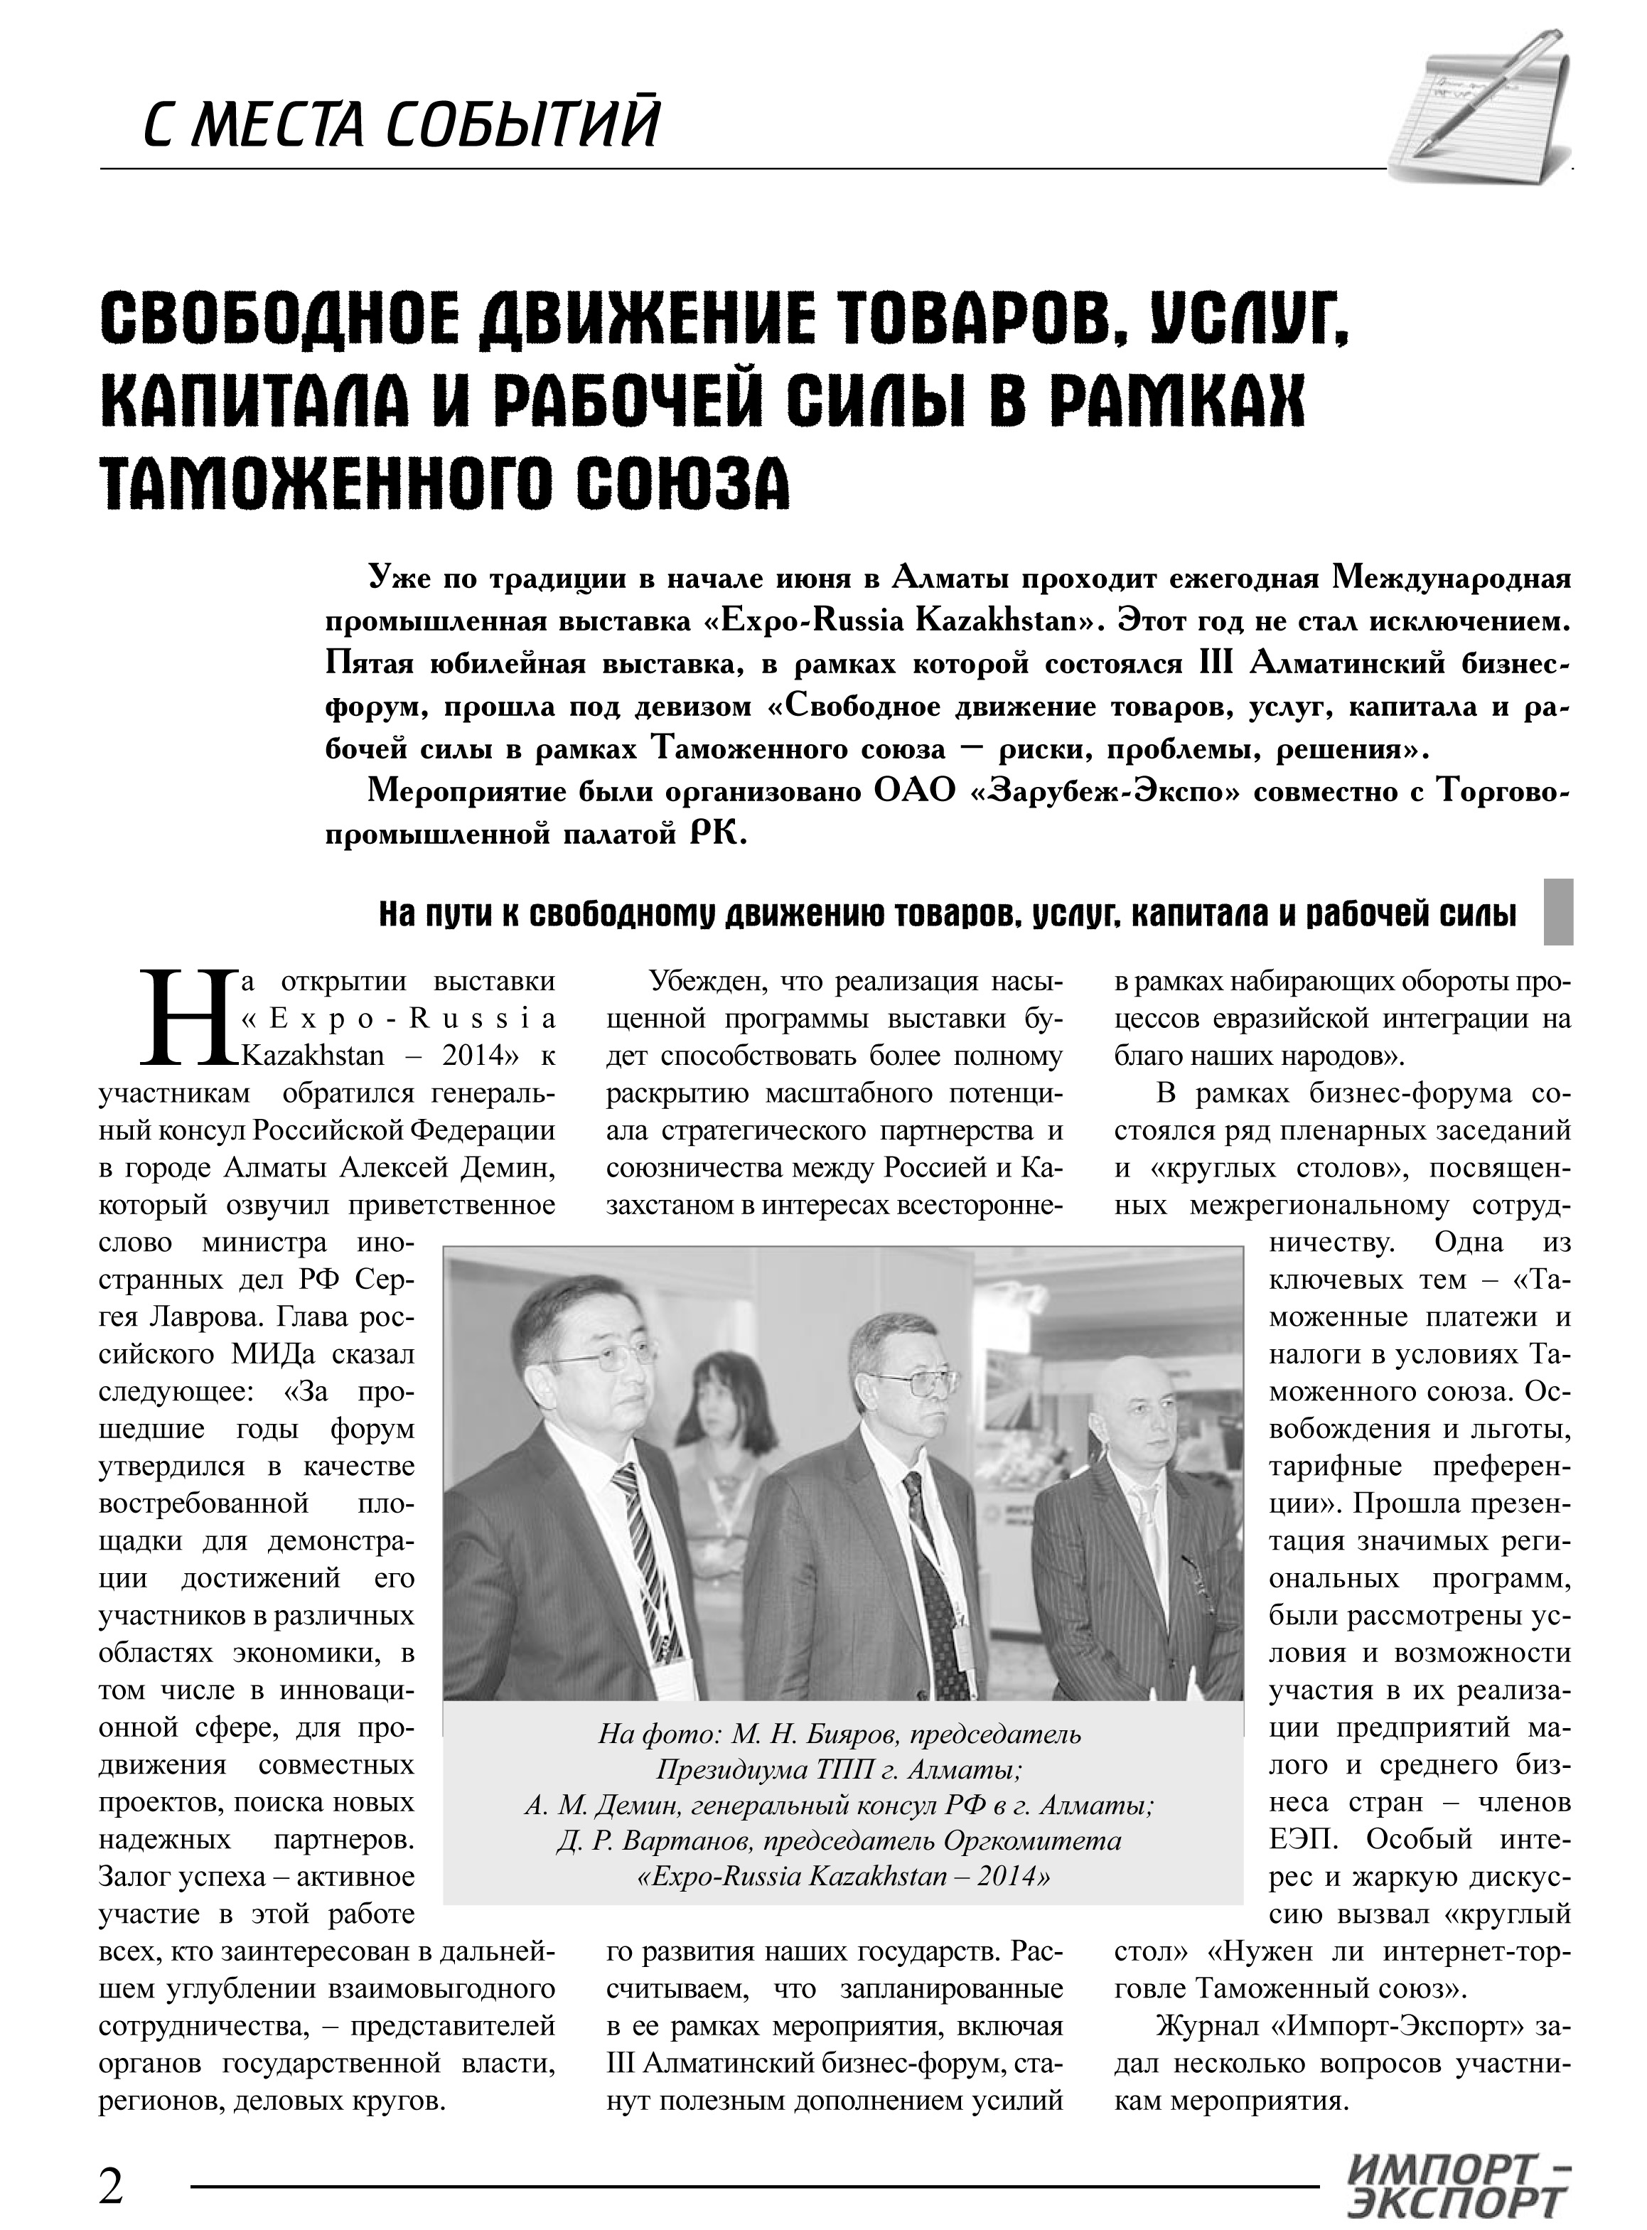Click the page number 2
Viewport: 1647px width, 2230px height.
(112, 2156)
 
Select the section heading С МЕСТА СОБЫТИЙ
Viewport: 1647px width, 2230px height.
(399, 124)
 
